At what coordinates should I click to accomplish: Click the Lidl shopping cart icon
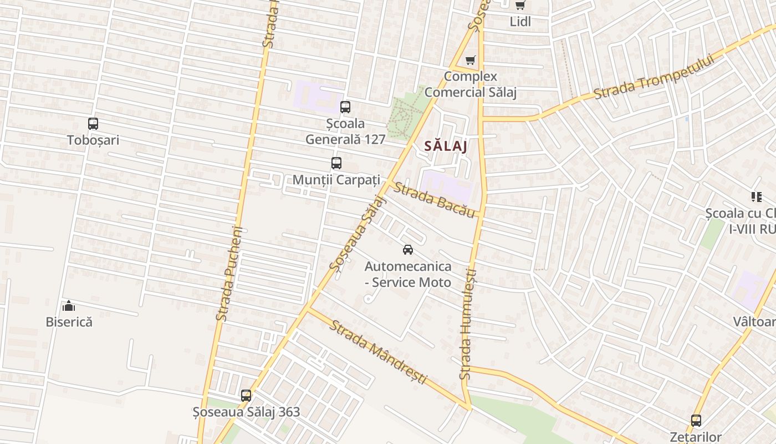tap(520, 6)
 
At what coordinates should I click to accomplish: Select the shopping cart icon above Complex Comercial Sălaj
tap(471, 60)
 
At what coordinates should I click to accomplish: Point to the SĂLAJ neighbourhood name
tap(445, 146)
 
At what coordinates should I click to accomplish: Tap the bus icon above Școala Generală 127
tap(345, 107)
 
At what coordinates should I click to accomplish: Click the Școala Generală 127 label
tap(345, 131)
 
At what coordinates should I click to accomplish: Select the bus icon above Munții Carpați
tap(336, 163)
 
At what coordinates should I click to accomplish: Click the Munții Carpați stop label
tap(336, 180)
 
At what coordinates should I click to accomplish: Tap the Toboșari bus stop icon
tap(93, 124)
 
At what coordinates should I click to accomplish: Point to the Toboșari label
tap(93, 140)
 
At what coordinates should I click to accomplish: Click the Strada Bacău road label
tap(435, 200)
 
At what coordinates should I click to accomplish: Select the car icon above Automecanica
tap(408, 250)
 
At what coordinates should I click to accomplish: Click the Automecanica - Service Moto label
tap(408, 274)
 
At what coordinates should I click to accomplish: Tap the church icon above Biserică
tap(69, 306)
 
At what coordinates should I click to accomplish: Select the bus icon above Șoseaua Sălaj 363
tap(246, 396)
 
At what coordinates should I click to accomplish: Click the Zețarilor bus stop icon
tap(696, 421)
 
